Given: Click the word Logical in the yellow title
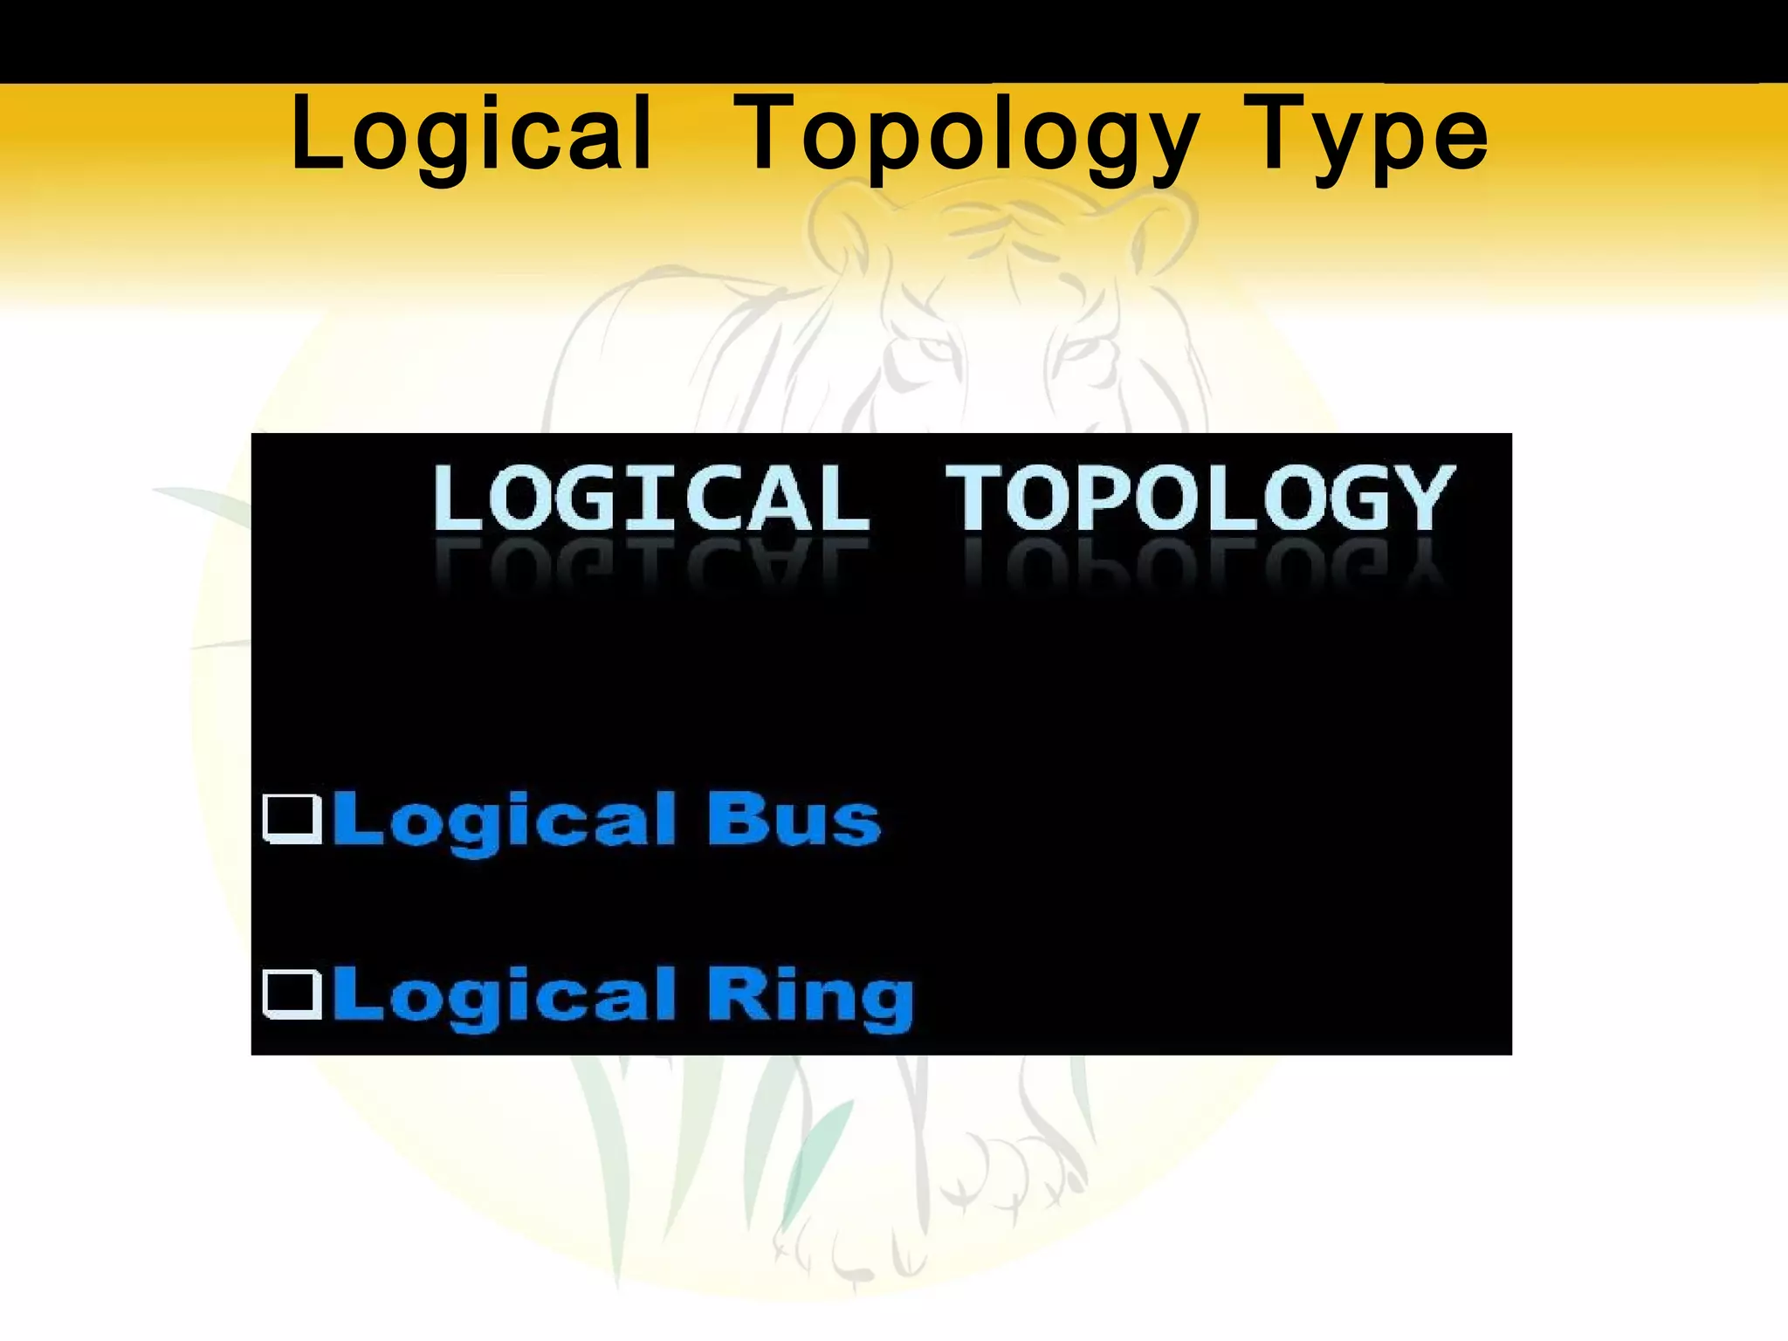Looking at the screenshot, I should tap(471, 135).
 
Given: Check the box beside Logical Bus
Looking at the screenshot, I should tap(292, 819).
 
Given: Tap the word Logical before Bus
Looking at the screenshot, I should tap(505, 821).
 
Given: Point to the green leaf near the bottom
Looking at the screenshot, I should tap(816, 1161).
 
